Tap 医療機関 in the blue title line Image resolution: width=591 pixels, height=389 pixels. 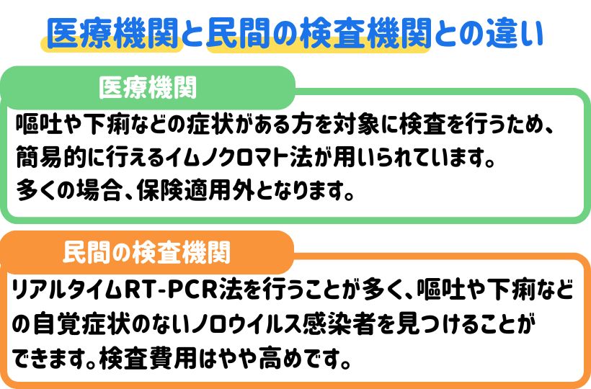click(115, 33)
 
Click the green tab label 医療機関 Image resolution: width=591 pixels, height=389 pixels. click(148, 88)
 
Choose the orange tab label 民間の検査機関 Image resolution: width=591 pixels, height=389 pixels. click(147, 253)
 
